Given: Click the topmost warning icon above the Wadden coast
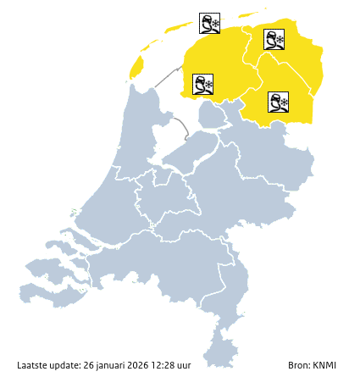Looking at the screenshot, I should click(x=209, y=23).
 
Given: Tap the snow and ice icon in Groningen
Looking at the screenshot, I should click(x=274, y=39).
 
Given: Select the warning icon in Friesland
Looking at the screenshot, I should click(x=202, y=84).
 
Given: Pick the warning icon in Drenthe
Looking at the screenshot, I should click(x=278, y=103).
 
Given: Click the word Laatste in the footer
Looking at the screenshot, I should click(x=33, y=365).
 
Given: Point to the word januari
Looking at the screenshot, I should click(x=113, y=365).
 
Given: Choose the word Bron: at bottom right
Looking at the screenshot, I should click(x=301, y=365).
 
